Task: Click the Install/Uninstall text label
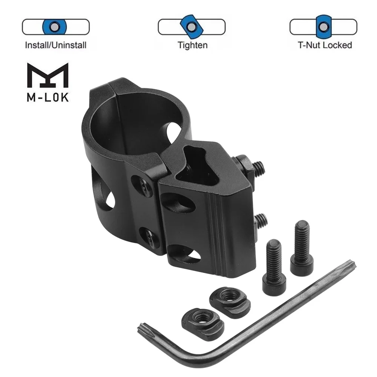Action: coord(55,45)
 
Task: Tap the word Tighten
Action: coord(192,45)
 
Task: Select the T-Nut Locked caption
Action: coord(325,45)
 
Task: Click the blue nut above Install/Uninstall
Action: coord(55,27)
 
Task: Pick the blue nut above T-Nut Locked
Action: coord(323,27)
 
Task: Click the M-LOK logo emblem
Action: coord(48,75)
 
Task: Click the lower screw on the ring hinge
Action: coord(148,238)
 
